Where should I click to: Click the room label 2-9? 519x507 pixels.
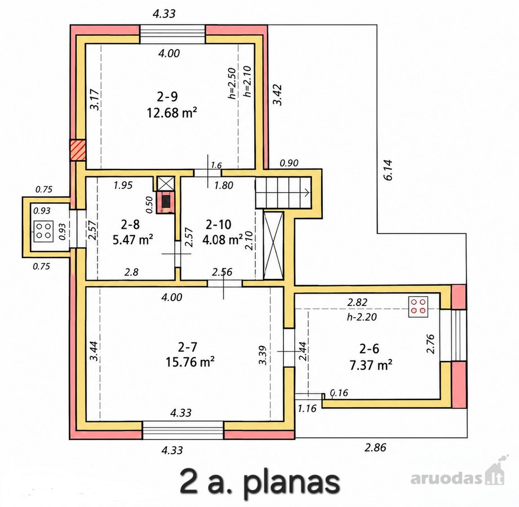pyautogui.click(x=167, y=97)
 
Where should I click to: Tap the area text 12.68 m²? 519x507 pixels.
pyautogui.click(x=172, y=113)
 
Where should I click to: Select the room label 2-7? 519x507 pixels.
pyautogui.click(x=187, y=347)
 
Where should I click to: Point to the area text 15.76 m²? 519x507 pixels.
pyautogui.click(x=190, y=362)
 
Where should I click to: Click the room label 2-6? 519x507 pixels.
pyautogui.click(x=370, y=349)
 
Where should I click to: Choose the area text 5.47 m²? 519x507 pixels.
pyautogui.click(x=133, y=239)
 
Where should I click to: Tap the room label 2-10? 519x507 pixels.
pyautogui.click(x=218, y=225)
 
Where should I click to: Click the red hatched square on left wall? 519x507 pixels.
pyautogui.click(x=78, y=150)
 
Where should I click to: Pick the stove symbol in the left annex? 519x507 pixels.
pyautogui.click(x=43, y=230)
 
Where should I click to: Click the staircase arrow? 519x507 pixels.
pyautogui.click(x=306, y=192)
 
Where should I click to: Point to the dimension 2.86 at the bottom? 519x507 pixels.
pyautogui.click(x=375, y=447)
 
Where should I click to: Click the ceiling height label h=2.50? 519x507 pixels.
pyautogui.click(x=232, y=83)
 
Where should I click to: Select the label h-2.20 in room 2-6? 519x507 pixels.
pyautogui.click(x=362, y=317)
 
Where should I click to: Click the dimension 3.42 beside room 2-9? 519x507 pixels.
pyautogui.click(x=278, y=95)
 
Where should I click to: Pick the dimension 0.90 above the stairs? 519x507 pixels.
pyautogui.click(x=289, y=163)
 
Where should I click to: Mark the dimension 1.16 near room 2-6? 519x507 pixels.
pyautogui.click(x=307, y=408)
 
